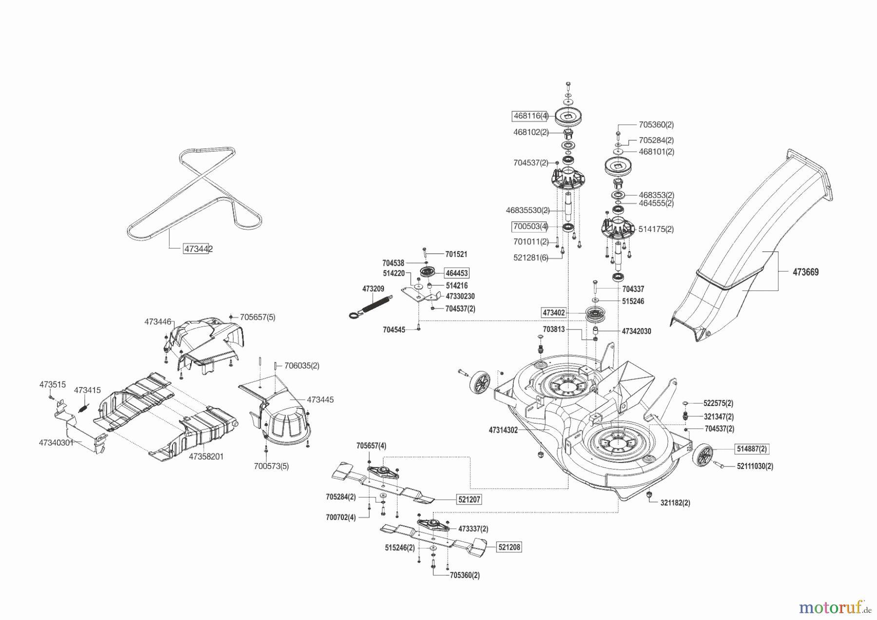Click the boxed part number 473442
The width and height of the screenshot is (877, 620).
pos(198,249)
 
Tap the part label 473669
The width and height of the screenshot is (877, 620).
pos(805,272)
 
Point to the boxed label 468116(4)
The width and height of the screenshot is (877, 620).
pos(531,116)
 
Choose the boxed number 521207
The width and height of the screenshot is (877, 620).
pos(469,500)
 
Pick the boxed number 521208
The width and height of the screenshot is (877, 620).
pos(509,547)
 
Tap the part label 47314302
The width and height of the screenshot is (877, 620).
pos(503,430)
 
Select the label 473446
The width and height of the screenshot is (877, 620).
pos(158,322)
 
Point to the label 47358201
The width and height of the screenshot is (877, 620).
pos(206,457)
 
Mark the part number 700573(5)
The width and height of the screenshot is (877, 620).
pos(271,466)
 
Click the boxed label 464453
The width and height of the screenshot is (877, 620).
pos(457,273)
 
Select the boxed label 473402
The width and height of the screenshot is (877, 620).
pos(554,312)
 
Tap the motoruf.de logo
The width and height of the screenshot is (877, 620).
pos(835,607)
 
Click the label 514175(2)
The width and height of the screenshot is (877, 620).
pos(656,229)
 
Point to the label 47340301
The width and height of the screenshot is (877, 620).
pos(56,443)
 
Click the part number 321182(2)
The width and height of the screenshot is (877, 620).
pos(675,503)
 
